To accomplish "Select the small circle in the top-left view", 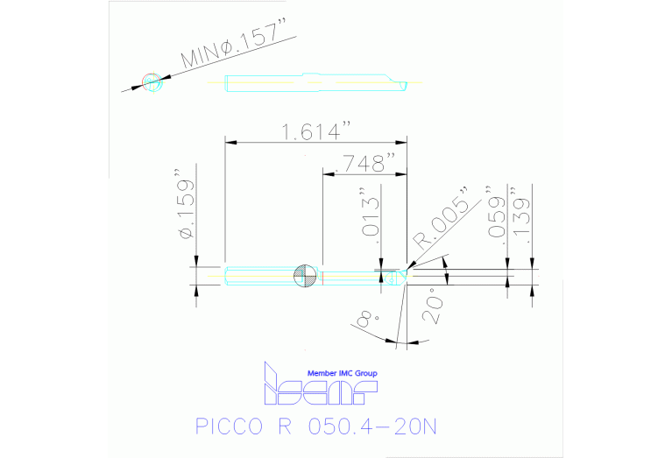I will (153, 82).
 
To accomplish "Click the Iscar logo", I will (320, 390).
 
